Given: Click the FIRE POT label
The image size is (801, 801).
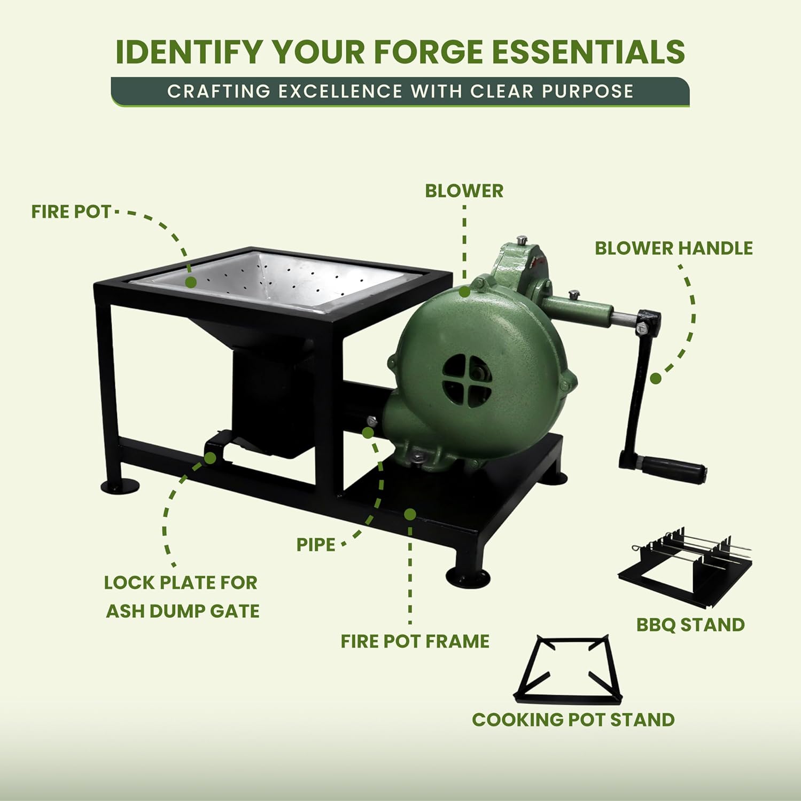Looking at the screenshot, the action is [71, 211].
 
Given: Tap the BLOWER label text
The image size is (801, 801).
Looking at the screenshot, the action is [464, 191].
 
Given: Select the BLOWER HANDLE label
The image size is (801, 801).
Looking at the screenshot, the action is [673, 248].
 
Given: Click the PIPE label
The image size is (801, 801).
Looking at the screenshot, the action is [316, 545].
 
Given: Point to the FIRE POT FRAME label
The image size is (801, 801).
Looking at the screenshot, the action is [415, 641].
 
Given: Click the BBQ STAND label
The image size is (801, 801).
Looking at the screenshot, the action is [690, 624].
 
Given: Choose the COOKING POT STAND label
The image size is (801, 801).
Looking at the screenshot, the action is [573, 719].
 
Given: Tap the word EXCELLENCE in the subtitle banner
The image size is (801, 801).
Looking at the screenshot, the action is [340, 91].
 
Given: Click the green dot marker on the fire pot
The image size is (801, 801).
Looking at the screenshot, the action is [191, 282].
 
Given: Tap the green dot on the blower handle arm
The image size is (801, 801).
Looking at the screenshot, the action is [656, 379].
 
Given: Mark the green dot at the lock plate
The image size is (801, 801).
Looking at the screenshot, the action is [210, 458].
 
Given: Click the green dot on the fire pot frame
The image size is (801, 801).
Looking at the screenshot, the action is [410, 514].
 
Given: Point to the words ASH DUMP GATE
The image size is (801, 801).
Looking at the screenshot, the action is [183, 611].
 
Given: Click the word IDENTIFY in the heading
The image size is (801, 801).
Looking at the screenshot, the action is [189, 51].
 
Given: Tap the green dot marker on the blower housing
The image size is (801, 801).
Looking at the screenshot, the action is [464, 292].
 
